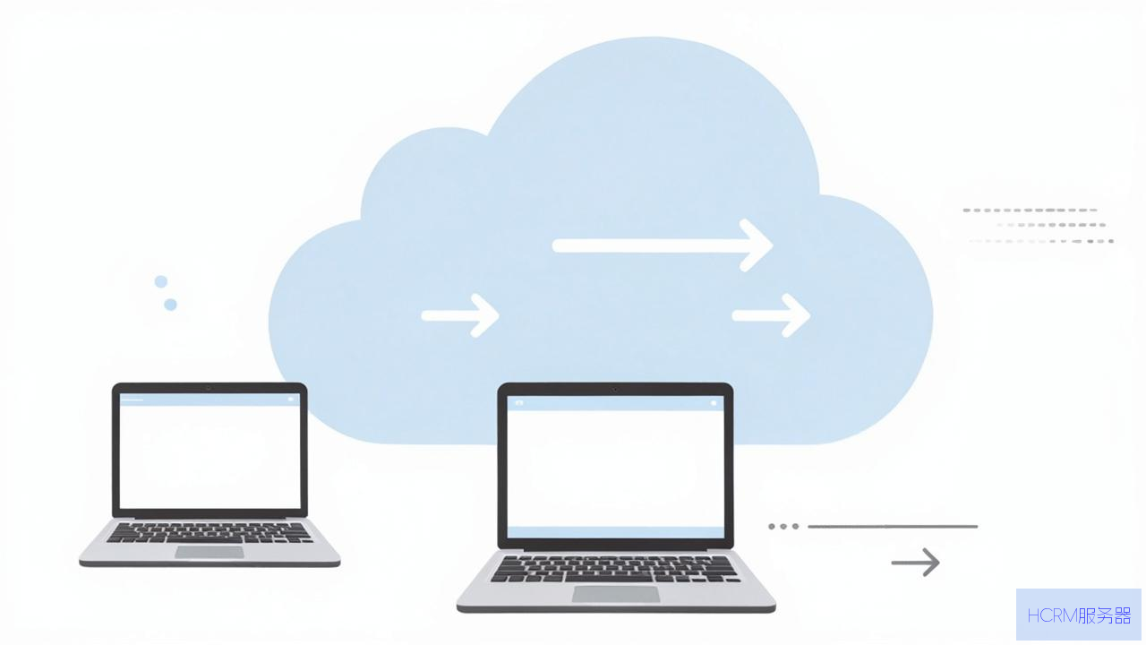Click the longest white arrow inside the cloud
[662, 245]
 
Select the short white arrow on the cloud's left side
[460, 315]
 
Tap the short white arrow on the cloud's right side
[771, 315]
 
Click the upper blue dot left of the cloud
[161, 281]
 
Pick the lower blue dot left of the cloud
[170, 305]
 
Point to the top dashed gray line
[1030, 210]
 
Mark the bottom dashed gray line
[1041, 241]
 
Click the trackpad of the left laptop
[210, 552]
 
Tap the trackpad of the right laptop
[616, 594]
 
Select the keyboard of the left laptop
[210, 533]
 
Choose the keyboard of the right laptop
[615, 569]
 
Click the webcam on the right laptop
[615, 390]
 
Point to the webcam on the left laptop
[209, 389]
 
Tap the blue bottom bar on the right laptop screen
[615, 532]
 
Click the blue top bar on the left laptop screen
[210, 400]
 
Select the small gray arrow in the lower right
[915, 562]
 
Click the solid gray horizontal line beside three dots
[893, 526]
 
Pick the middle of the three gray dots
[783, 526]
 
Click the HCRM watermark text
[1079, 615]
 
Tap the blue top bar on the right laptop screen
[615, 403]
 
